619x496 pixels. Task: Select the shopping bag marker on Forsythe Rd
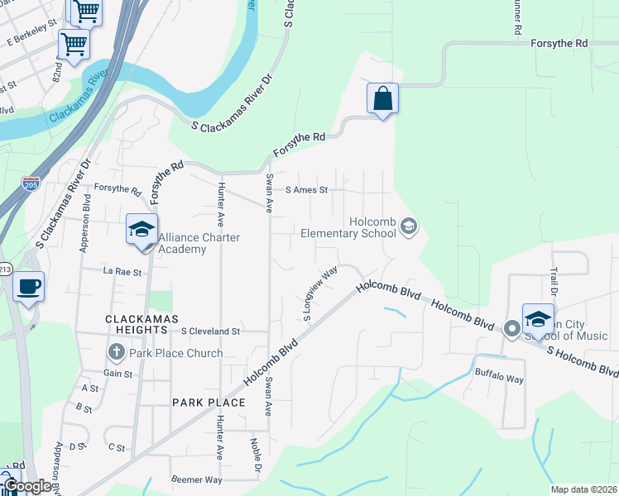tap(383, 99)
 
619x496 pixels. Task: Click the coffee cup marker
tap(29, 288)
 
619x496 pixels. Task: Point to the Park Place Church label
tap(175, 353)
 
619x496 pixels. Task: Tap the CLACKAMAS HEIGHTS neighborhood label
tap(137, 323)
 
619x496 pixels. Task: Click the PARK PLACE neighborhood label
tap(209, 402)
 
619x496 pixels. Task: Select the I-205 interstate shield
tap(31, 184)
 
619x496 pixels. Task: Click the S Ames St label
tap(306, 189)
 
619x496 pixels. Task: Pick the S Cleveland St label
tap(210, 331)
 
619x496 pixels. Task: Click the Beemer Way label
tap(196, 479)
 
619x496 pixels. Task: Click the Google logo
tap(29, 485)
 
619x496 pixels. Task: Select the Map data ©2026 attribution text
tap(583, 489)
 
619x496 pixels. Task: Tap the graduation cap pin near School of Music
tap(538, 320)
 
